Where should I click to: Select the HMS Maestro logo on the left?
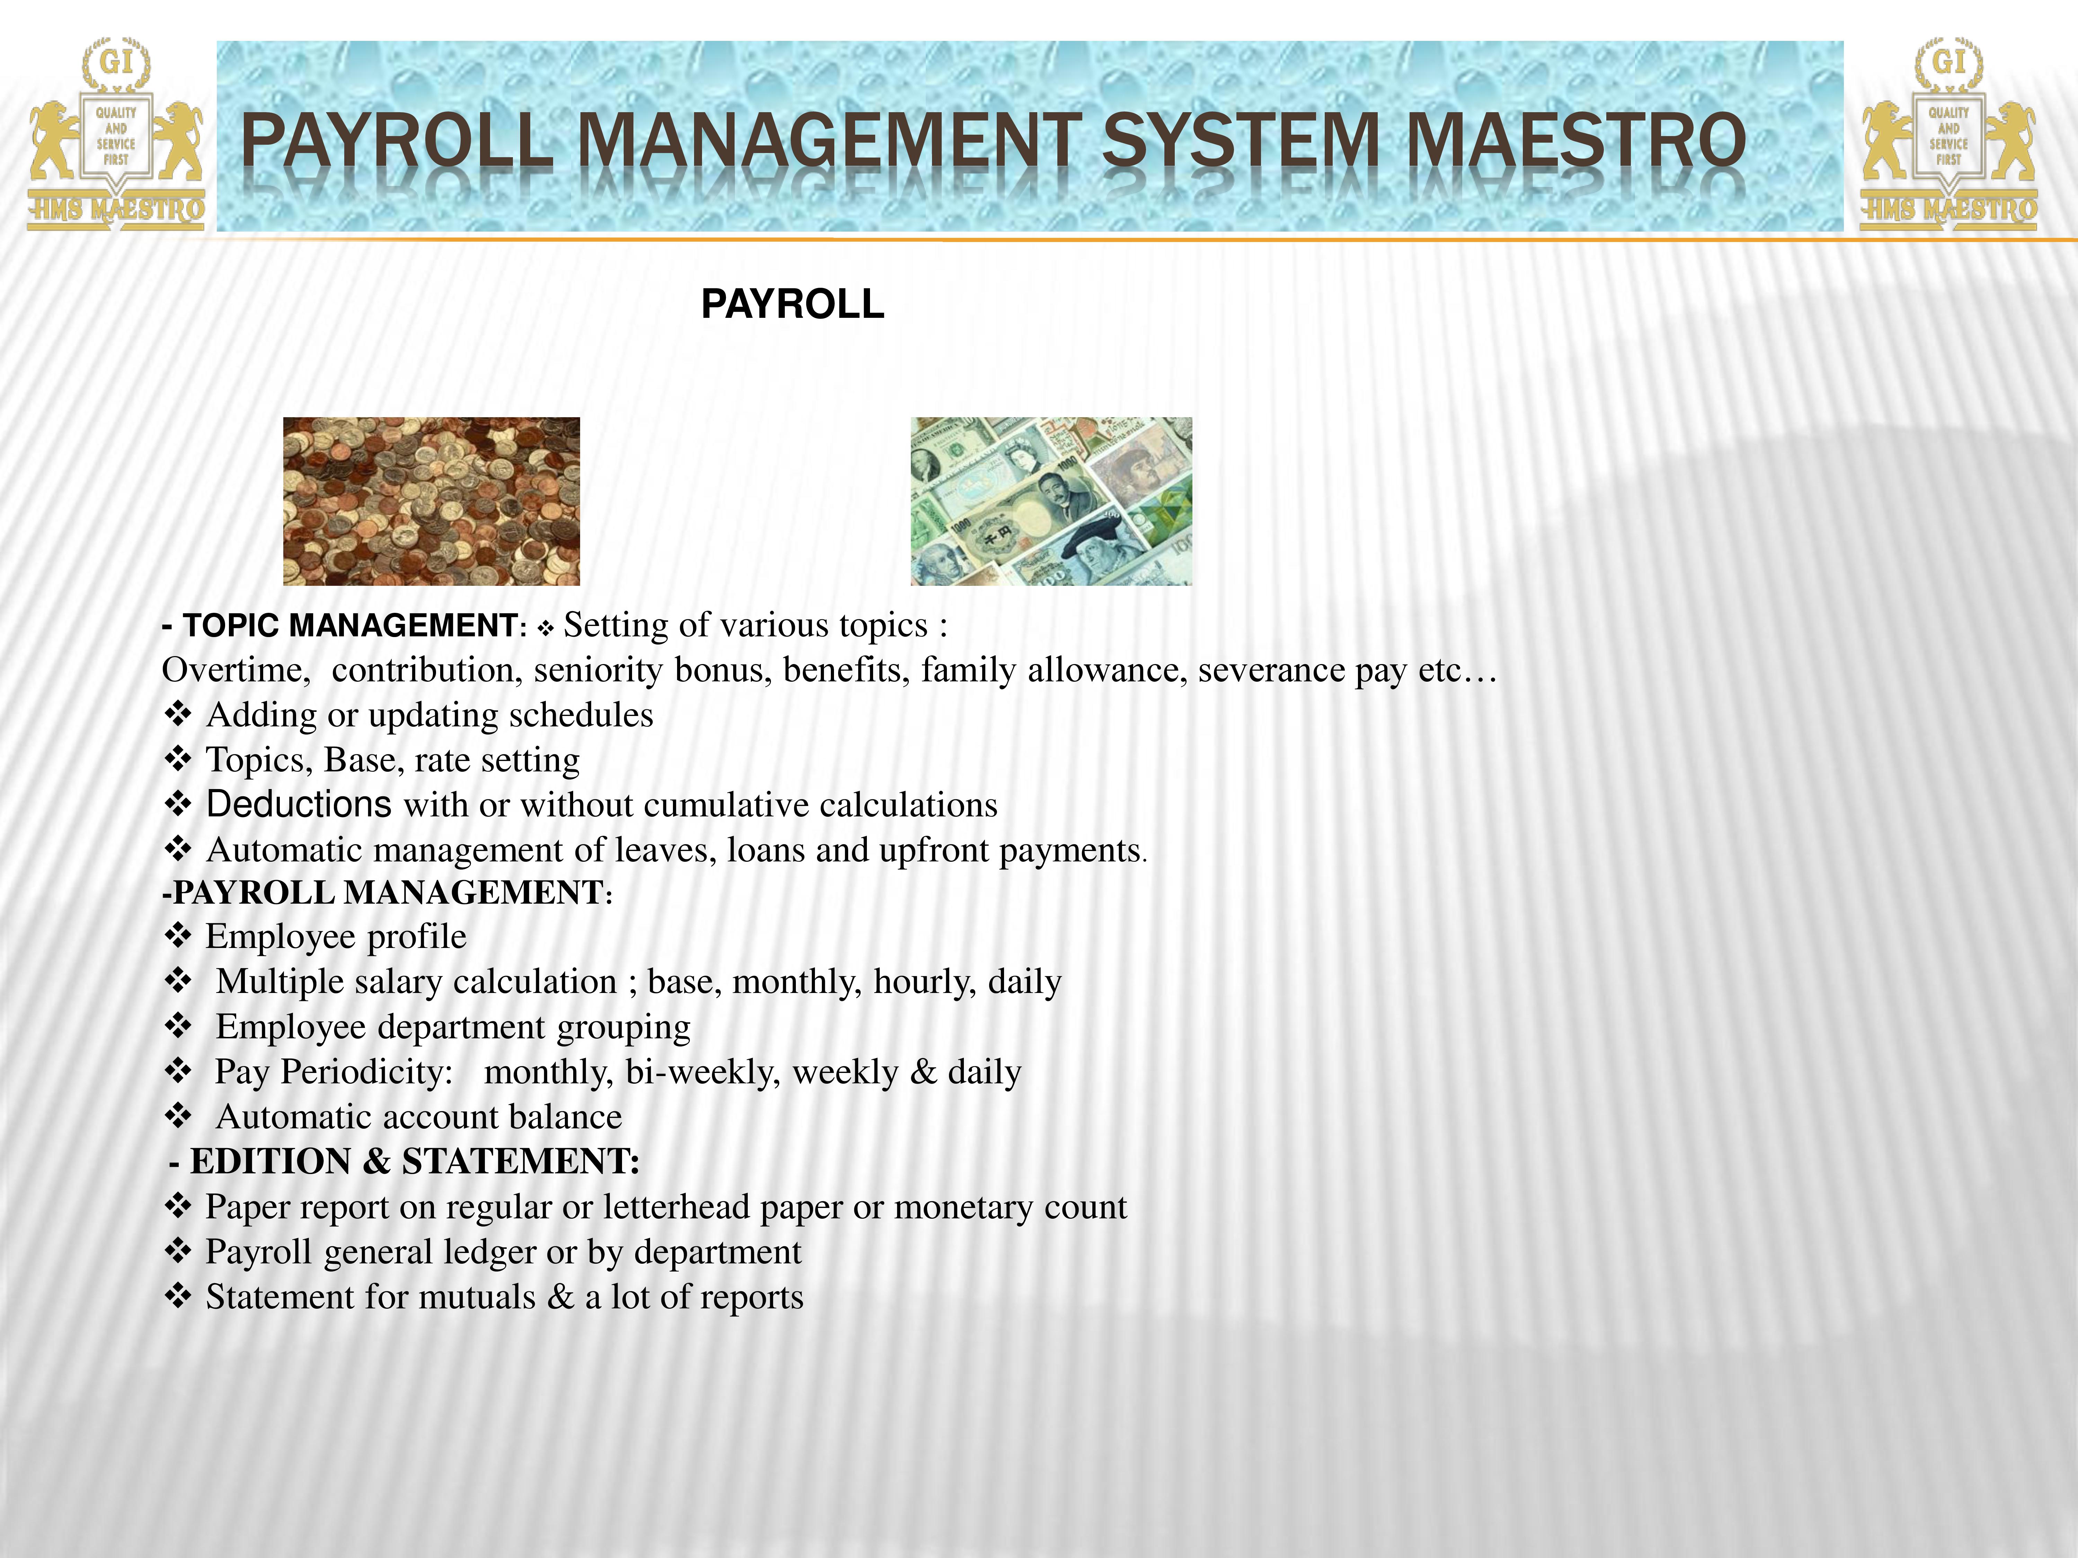click(116, 133)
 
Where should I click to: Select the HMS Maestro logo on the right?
click(1949, 133)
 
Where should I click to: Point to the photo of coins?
click(431, 501)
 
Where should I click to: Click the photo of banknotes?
click(1051, 501)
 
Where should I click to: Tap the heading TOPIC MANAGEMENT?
click(349, 626)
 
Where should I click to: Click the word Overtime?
click(235, 671)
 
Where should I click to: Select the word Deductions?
click(299, 805)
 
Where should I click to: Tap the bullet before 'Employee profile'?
click(178, 935)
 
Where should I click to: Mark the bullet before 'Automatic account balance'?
click(178, 1116)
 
